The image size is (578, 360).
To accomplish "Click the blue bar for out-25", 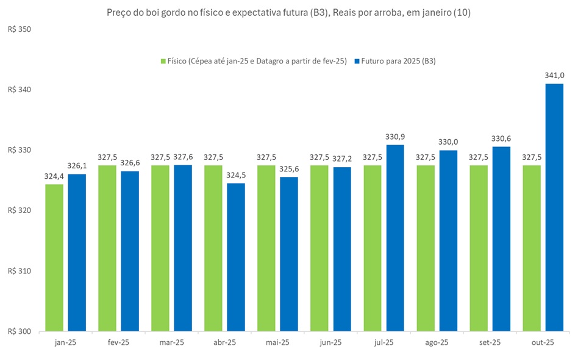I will [554, 207].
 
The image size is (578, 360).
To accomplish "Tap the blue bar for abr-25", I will [236, 257].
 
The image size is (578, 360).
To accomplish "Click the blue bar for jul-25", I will [395, 238].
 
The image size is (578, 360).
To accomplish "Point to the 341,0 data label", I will [554, 76].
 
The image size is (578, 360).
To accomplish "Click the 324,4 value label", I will [54, 176].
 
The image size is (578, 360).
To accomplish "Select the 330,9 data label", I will [395, 137].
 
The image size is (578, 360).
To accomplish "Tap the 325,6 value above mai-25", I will [289, 169].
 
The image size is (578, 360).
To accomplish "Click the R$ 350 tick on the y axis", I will [19, 29].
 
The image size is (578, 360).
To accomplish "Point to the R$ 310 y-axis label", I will [19, 271].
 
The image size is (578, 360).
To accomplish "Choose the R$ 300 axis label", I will [19, 331].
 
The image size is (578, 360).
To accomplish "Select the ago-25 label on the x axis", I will [437, 343].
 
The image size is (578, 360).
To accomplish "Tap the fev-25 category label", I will [118, 343].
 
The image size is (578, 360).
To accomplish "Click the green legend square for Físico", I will [163, 61].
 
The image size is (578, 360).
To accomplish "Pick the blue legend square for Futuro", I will [357, 61].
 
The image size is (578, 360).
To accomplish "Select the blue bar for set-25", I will [501, 239].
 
